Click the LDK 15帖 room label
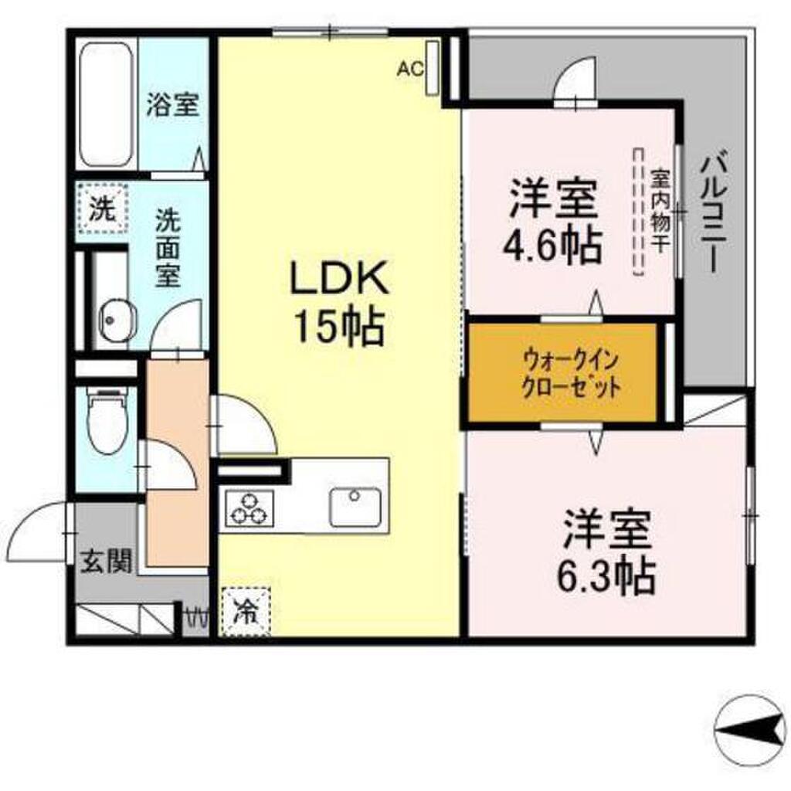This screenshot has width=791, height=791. tap(337, 302)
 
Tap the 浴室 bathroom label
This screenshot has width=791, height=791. tap(174, 104)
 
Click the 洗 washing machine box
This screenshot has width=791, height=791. tap(101, 209)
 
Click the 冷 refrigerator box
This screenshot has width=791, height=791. tap(246, 612)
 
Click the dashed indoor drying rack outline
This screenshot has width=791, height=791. tap(638, 212)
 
